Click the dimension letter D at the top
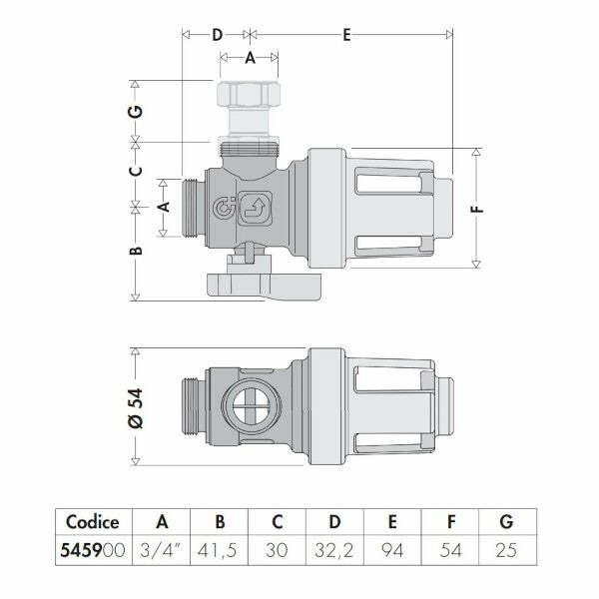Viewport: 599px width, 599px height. point(218,35)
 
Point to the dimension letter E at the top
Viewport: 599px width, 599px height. point(346,35)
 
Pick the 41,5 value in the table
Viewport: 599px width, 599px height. point(222,548)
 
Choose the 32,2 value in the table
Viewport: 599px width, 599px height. point(335,548)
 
